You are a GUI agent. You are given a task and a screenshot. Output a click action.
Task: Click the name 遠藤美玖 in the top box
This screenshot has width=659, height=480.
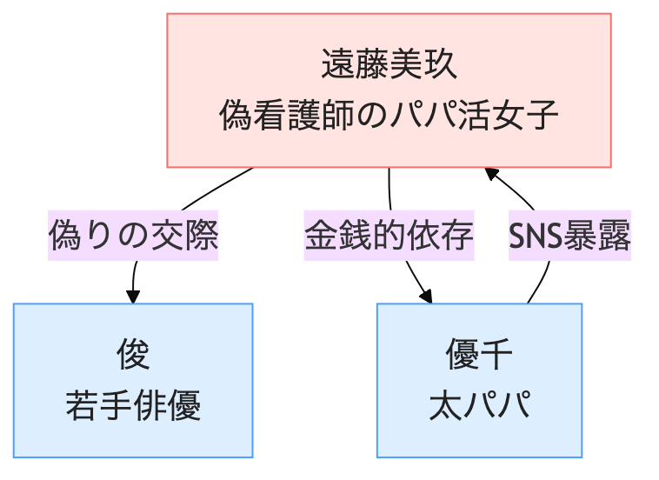pyautogui.click(x=389, y=64)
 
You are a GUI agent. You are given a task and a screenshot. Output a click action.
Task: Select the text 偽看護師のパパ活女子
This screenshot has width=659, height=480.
pyautogui.click(x=389, y=115)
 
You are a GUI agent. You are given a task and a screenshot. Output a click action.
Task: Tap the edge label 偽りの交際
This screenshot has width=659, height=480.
pyautogui.click(x=133, y=236)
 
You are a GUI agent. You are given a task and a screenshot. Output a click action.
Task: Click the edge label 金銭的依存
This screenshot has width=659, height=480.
pyautogui.click(x=389, y=236)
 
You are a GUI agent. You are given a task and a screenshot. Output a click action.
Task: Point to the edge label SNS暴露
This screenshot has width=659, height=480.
pyautogui.click(x=569, y=236)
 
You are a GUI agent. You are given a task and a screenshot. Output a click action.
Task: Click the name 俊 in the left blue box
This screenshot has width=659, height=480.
pyautogui.click(x=133, y=355)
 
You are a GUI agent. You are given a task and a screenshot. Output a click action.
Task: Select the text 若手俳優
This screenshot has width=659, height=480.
pyautogui.click(x=133, y=405)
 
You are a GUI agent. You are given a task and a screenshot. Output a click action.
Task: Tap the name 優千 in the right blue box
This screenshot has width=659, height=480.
pyautogui.click(x=479, y=355)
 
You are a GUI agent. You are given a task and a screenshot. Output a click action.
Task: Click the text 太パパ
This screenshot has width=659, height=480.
pyautogui.click(x=479, y=405)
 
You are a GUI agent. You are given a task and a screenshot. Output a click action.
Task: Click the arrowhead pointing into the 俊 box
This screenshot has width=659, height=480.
pyautogui.click(x=133, y=297)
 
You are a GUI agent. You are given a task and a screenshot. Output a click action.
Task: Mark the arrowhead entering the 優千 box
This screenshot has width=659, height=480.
pyautogui.click(x=426, y=296)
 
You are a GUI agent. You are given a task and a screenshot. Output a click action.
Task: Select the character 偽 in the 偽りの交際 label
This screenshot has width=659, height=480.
pyautogui.click(x=65, y=236)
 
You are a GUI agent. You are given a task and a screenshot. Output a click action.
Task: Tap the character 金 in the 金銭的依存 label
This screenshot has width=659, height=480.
pyautogui.click(x=321, y=236)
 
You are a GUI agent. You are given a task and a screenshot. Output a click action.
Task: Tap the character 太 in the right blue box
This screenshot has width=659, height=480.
pyautogui.click(x=445, y=405)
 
